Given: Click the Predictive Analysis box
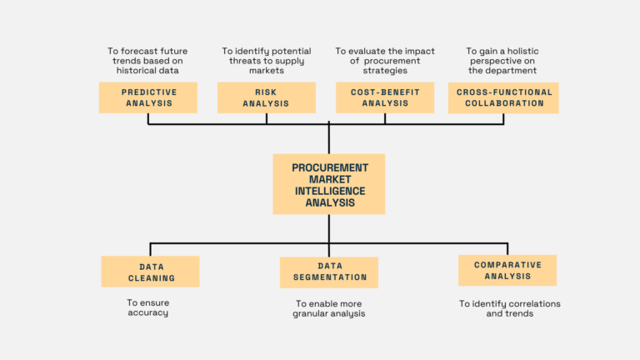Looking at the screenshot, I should [x=147, y=97].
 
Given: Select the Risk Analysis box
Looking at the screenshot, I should [x=266, y=97].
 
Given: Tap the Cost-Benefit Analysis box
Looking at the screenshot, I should [x=384, y=97].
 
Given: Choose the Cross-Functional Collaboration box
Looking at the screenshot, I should [x=502, y=97].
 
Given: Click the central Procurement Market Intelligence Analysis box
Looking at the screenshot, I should [x=329, y=184].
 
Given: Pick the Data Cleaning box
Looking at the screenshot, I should [x=151, y=272].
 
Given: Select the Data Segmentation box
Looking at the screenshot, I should [x=329, y=272].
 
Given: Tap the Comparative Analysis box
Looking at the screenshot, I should [x=507, y=271].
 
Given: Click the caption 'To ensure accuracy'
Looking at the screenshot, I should [x=147, y=307].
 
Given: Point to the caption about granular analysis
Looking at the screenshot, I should [x=328, y=309].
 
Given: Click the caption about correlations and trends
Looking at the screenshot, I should [x=509, y=309].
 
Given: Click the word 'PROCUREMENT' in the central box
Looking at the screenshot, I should [x=329, y=167].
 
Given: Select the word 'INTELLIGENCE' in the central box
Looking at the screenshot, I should [x=329, y=191].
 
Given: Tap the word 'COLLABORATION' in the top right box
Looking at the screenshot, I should [x=502, y=103].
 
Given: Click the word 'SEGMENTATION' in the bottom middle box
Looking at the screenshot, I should [x=329, y=277].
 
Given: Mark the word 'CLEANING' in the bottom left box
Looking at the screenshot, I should [x=151, y=278].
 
